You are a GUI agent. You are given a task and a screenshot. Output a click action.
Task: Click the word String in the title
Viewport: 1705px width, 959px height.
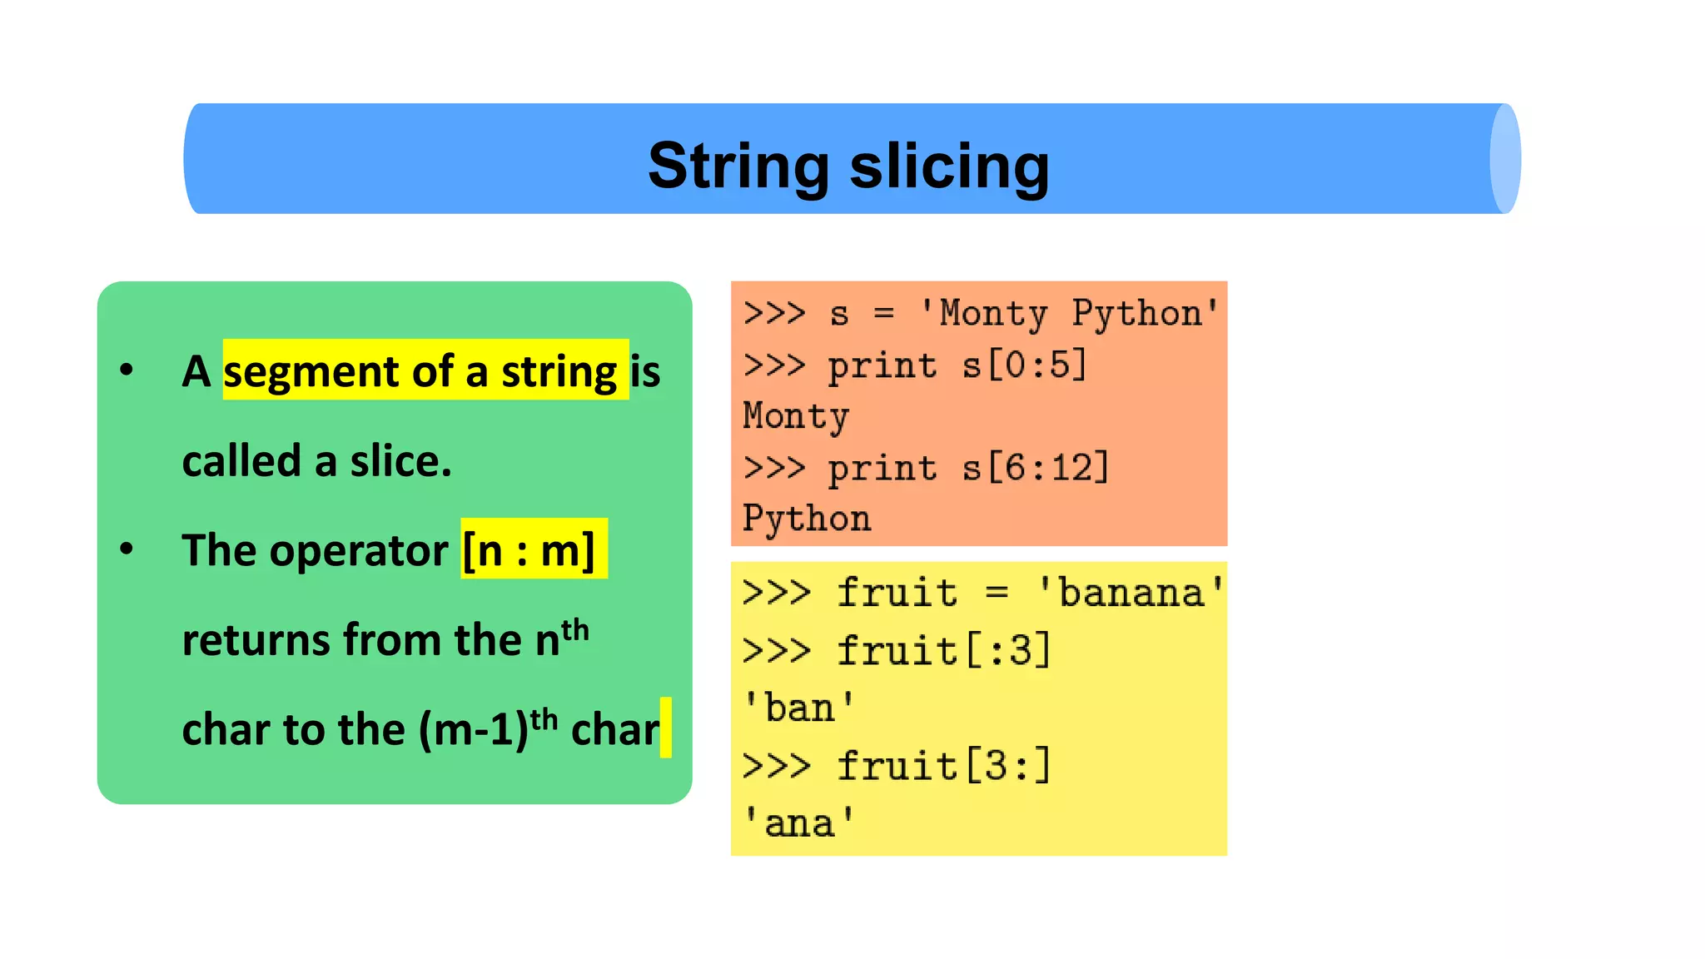738,166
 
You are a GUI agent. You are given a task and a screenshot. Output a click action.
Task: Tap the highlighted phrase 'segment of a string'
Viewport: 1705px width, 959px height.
421,370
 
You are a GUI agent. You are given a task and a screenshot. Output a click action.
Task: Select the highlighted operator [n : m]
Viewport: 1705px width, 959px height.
529,550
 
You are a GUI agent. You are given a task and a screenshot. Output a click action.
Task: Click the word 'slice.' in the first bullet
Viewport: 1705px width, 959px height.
400,461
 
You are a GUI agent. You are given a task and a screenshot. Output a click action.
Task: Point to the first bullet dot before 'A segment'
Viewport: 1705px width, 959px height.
127,369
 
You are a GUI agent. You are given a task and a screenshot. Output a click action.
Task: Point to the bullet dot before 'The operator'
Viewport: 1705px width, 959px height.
127,549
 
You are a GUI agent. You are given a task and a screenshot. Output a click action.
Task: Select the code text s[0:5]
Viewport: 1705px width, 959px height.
1024,365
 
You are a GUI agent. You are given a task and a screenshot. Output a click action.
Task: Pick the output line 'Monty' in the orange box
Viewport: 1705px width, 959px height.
796,416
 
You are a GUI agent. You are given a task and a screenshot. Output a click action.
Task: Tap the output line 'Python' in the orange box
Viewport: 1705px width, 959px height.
807,519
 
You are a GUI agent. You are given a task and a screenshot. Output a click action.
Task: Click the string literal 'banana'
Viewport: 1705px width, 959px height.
1131,593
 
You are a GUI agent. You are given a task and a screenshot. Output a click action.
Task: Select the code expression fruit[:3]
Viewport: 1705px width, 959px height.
944,650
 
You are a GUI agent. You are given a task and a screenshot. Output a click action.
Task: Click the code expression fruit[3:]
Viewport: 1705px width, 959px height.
944,766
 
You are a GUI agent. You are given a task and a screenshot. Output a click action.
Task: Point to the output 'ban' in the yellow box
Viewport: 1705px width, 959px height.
798,708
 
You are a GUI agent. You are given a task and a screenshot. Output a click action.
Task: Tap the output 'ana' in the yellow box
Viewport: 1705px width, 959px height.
798,823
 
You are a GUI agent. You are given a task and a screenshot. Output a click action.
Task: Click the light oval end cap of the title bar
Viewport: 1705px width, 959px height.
1504,159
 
